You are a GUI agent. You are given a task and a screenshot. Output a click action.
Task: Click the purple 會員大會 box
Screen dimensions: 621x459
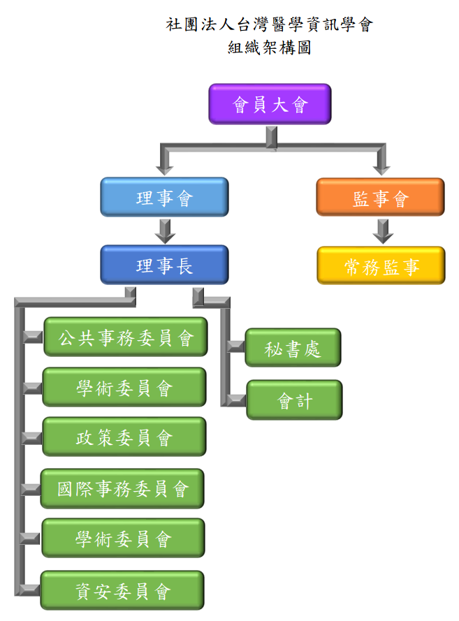[x=270, y=104]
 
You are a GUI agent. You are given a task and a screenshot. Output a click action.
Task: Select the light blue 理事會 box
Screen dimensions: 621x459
[x=164, y=197]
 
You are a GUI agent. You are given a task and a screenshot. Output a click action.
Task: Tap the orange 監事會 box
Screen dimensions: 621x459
[x=380, y=197]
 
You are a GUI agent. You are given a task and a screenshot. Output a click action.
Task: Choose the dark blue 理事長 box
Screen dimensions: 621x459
[x=164, y=265]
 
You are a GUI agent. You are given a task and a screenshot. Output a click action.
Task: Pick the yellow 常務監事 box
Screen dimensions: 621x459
[x=381, y=265]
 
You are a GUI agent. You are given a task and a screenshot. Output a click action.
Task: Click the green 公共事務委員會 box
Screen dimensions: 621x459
[x=125, y=337]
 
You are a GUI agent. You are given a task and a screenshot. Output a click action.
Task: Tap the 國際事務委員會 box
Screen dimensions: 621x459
[x=123, y=488]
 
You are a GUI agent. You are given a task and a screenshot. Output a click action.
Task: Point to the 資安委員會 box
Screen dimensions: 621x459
[x=123, y=590]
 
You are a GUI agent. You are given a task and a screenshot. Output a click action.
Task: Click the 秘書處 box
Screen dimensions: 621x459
[x=293, y=347]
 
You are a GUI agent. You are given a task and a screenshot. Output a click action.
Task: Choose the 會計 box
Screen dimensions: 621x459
[x=294, y=400]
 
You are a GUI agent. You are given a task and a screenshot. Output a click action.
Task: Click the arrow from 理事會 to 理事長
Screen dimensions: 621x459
[x=164, y=231]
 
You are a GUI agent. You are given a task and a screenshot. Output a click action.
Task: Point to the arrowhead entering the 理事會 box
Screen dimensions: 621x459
[x=164, y=168]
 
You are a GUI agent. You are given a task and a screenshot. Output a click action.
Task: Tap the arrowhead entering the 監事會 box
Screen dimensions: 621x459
[x=381, y=168]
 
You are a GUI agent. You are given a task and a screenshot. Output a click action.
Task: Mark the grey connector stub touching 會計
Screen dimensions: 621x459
[x=236, y=400]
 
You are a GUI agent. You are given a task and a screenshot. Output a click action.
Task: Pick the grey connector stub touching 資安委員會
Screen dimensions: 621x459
[x=31, y=590]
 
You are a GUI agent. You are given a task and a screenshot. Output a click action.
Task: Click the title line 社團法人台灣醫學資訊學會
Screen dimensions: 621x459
[x=270, y=26]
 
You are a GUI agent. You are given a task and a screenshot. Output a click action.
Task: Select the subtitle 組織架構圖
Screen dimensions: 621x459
[x=269, y=49]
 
